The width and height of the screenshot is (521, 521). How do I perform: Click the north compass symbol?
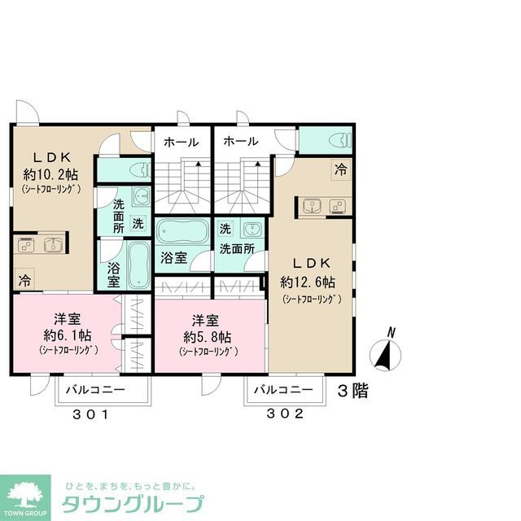386,353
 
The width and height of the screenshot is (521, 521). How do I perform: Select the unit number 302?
285,414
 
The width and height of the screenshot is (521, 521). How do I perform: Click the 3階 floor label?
353,391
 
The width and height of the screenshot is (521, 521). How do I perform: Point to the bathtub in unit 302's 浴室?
182,232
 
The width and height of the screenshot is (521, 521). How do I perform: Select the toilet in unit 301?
138,170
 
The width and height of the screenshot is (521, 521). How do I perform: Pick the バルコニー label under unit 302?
282,390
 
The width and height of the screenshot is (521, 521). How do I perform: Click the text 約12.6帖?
308,282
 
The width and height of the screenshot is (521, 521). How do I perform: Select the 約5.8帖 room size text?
207,336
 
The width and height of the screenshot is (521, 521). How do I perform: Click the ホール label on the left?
181,142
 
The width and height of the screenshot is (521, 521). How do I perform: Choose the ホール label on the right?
241,142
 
